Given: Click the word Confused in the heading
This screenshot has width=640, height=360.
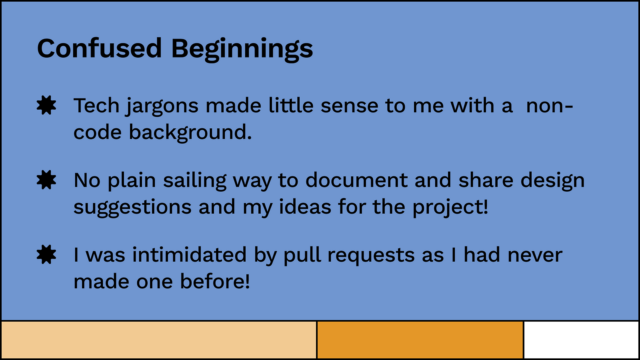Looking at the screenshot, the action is point(100,48).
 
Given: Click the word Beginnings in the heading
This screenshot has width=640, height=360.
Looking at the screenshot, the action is point(242,50).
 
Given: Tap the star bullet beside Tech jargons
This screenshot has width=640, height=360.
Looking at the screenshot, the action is point(46,105).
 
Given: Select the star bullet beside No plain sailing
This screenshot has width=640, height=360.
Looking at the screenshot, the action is point(46,180).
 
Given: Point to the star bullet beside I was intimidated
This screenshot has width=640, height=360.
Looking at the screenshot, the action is point(46,254).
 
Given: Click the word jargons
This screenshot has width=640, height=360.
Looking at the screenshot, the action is point(162,107).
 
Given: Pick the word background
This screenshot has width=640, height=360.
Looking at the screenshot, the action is point(190,133).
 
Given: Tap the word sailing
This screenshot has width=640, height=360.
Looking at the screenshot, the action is point(195,181).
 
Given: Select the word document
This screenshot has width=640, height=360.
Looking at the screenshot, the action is point(356,180).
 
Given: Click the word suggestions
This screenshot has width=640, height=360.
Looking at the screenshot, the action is point(132,208).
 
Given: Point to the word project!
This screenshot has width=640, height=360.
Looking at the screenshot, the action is point(450,208).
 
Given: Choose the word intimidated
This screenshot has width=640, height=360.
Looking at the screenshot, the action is point(189,254).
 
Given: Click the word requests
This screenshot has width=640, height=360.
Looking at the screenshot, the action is point(371,256).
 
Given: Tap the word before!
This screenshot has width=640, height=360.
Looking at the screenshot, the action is point(215,281).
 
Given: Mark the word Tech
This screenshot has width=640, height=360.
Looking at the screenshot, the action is point(96,106).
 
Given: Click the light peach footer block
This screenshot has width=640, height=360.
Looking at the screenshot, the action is point(159,340).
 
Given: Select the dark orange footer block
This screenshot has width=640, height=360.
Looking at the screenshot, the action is point(420,340).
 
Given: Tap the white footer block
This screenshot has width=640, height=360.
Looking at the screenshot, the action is point(581,340).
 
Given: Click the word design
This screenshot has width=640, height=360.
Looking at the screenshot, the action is point(552,181).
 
